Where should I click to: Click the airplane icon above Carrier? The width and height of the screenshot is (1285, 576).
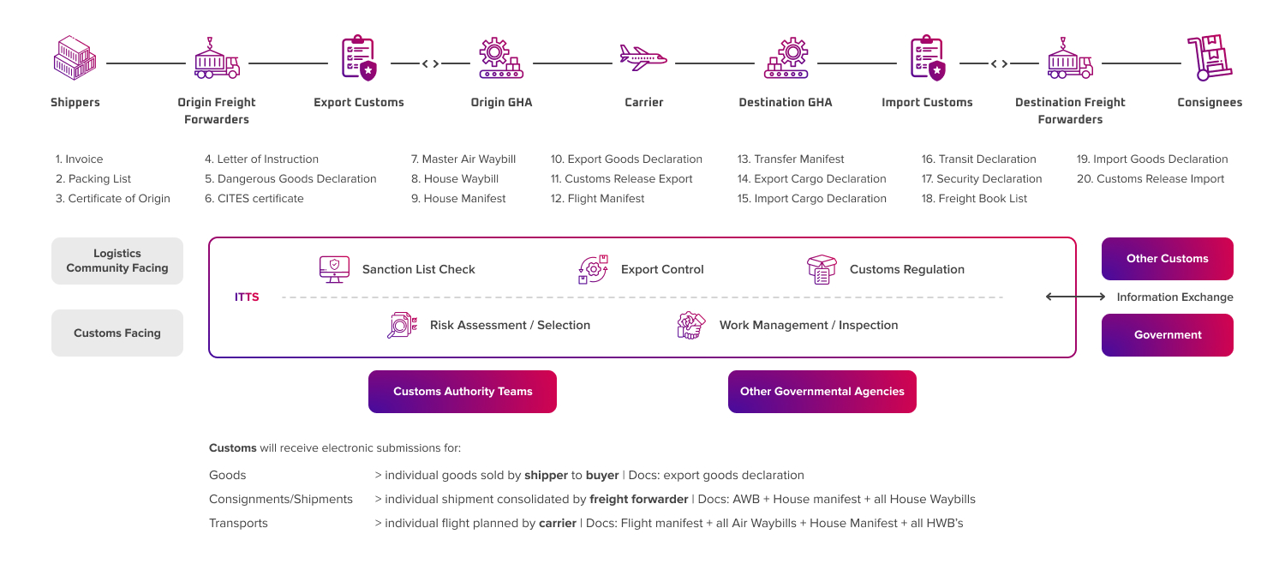pyautogui.click(x=643, y=58)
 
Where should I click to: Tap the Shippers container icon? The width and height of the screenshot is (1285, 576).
pyautogui.click(x=75, y=60)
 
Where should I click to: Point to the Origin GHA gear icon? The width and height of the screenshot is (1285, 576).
pyautogui.click(x=501, y=58)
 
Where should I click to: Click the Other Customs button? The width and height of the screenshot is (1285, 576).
pyautogui.click(x=1167, y=259)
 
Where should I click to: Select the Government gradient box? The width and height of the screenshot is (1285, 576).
pyautogui.click(x=1167, y=335)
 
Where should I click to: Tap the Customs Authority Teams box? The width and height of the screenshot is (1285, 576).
pyautogui.click(x=463, y=392)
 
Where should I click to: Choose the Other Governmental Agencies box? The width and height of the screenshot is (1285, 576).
pyautogui.click(x=822, y=392)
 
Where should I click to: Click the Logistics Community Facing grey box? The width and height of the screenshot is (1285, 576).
pyautogui.click(x=117, y=261)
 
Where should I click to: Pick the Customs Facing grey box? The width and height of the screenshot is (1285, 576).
pyautogui.click(x=117, y=333)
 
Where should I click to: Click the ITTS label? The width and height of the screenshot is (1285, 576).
pyautogui.click(x=247, y=297)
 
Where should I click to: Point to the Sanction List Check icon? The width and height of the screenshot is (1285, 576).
pyautogui.click(x=330, y=269)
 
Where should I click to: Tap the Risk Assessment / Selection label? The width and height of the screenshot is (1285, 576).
pyautogui.click(x=510, y=326)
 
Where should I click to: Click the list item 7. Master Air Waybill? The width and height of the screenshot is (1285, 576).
pyautogui.click(x=463, y=159)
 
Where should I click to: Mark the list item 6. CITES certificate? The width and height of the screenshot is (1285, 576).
pyautogui.click(x=254, y=199)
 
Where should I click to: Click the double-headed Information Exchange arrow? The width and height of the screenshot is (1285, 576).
pyautogui.click(x=1076, y=297)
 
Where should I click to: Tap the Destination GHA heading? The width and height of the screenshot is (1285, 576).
pyautogui.click(x=785, y=103)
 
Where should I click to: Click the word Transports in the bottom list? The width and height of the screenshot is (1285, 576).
pyautogui.click(x=238, y=523)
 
